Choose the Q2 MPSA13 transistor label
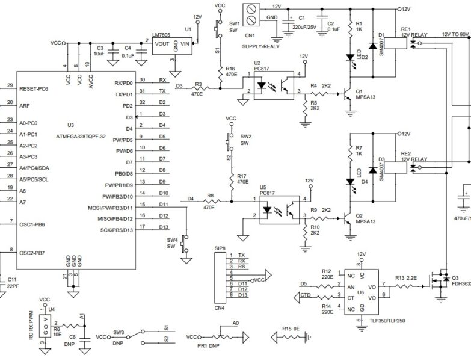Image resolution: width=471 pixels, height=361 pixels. (x=365, y=218)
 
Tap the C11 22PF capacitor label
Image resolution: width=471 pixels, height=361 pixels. (x=11, y=283)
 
